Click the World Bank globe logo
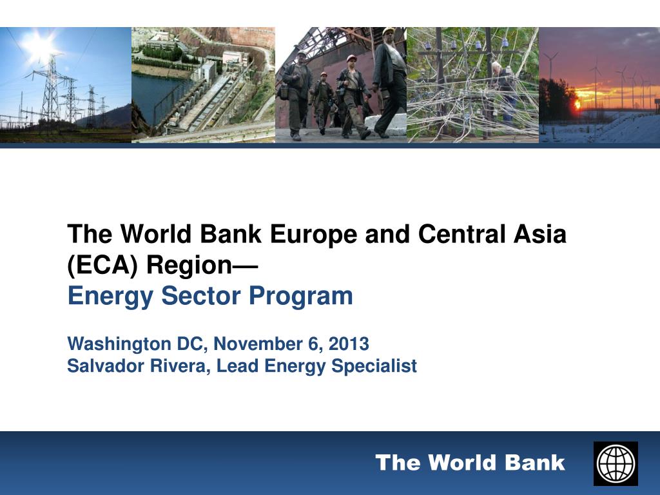point(616,463)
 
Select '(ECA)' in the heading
point(102,265)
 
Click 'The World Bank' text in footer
point(470,463)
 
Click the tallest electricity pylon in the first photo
point(50,90)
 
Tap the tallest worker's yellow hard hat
point(388,31)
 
